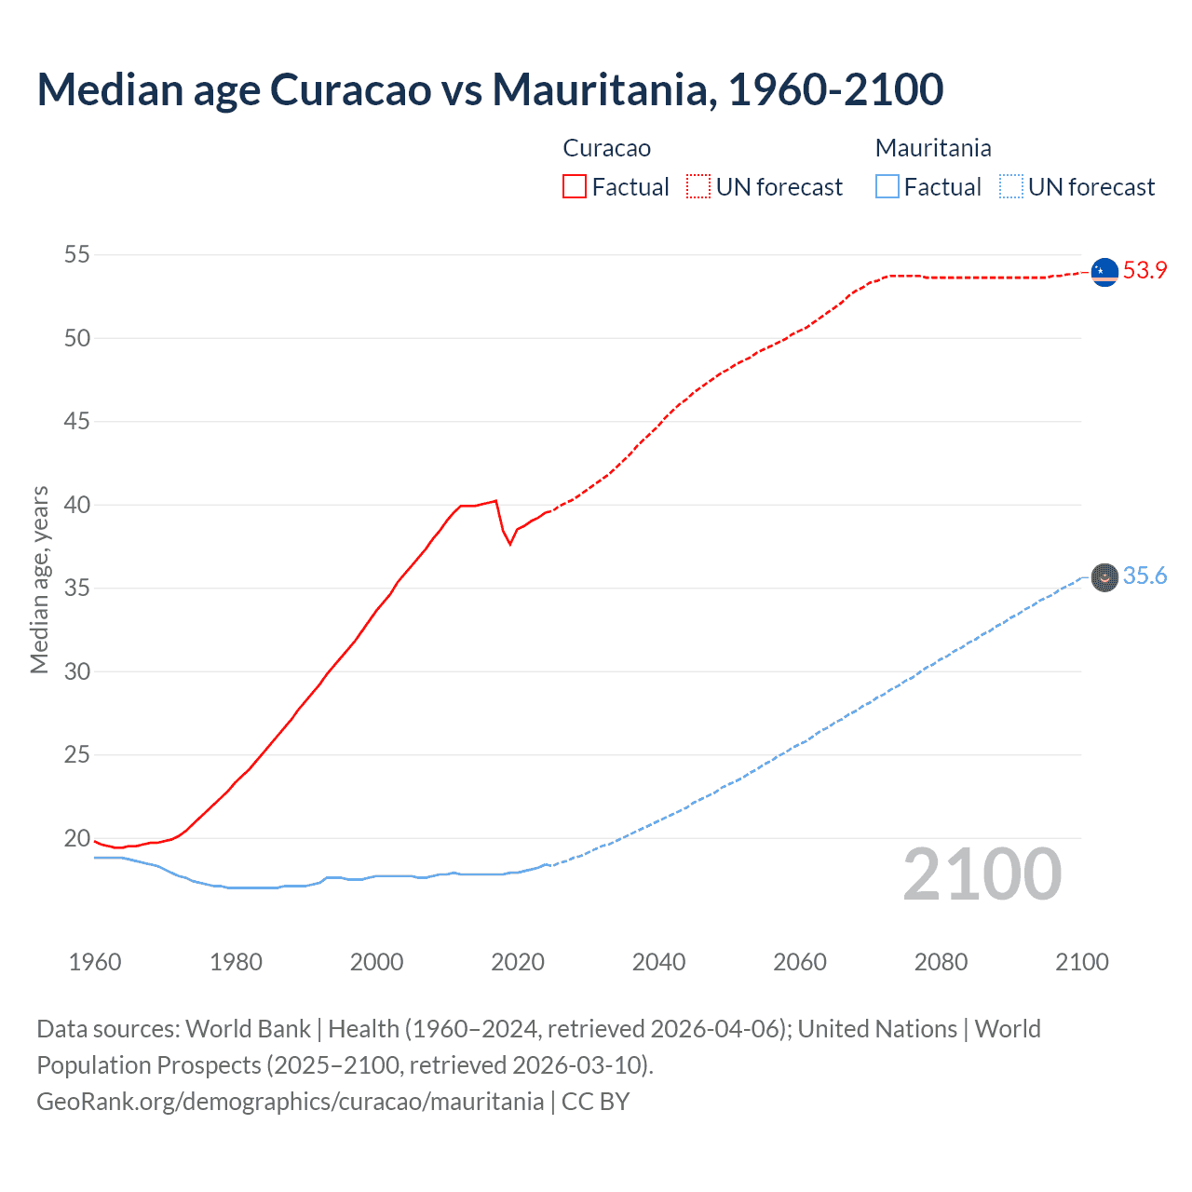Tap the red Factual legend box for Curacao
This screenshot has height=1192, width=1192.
tap(575, 187)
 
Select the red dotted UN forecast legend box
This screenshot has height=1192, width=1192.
tap(698, 187)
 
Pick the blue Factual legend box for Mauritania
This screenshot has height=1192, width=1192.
tap(887, 187)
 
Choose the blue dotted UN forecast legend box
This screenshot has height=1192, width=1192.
tap(1010, 187)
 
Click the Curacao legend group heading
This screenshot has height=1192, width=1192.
tap(606, 148)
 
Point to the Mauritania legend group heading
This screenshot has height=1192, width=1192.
tap(933, 148)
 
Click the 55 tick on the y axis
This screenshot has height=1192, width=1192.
tap(77, 254)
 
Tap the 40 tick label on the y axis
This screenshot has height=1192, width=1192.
tap(77, 505)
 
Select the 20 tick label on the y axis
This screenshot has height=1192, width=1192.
tap(77, 838)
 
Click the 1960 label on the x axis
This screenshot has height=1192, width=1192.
tap(95, 962)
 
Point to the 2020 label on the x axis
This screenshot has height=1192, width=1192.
tap(518, 962)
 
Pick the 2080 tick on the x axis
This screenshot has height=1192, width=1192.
tap(941, 962)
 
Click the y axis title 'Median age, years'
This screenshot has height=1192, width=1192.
tap(39, 579)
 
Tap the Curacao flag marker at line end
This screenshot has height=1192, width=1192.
tap(1104, 271)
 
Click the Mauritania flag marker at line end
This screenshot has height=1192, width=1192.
tap(1104, 577)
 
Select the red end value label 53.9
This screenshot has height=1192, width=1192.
tap(1145, 271)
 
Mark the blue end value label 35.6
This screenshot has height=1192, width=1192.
tap(1145, 576)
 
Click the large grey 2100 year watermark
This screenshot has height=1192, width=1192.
tap(982, 874)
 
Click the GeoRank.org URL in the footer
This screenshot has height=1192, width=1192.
tap(290, 1102)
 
